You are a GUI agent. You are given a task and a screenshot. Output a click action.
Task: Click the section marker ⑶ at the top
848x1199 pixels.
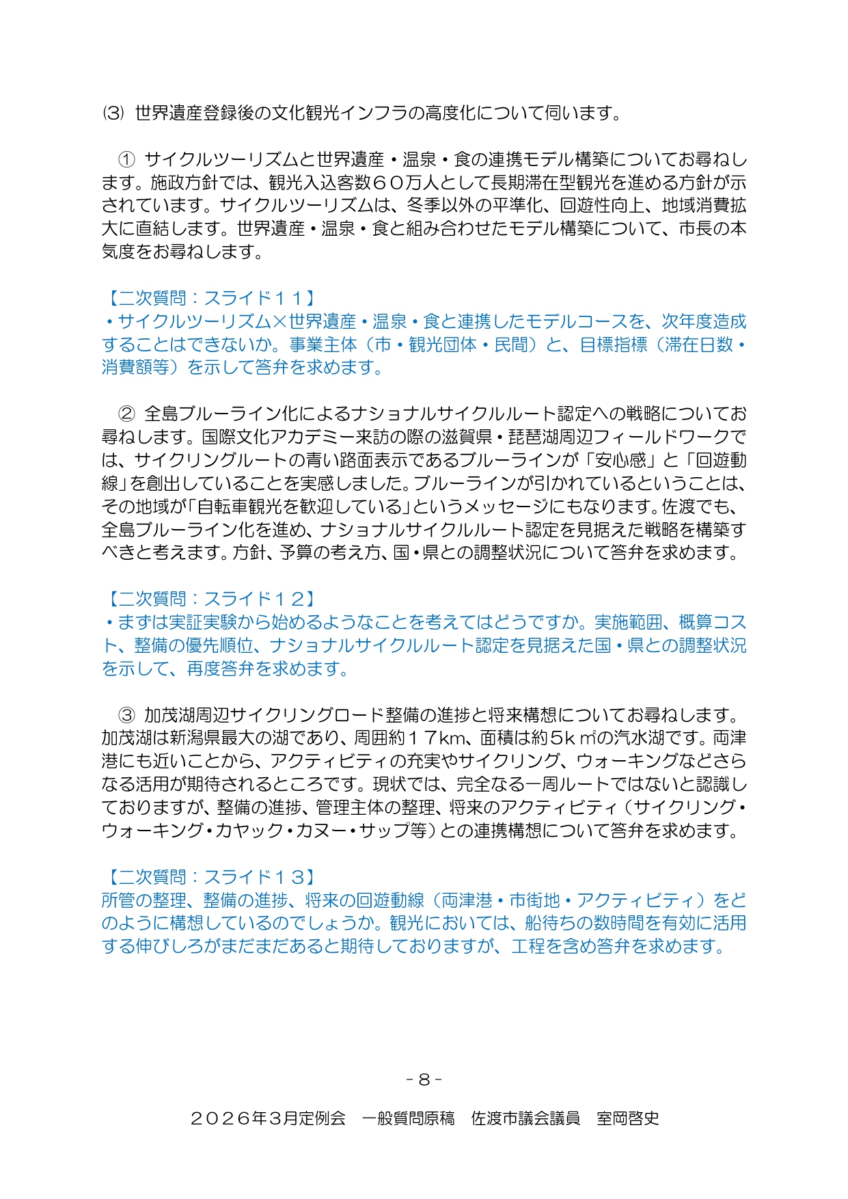pyautogui.click(x=113, y=113)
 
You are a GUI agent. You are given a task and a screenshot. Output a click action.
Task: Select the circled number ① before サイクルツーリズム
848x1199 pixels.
pyautogui.click(x=127, y=160)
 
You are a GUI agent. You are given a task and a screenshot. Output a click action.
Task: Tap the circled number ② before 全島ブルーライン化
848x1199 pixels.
pyautogui.click(x=127, y=414)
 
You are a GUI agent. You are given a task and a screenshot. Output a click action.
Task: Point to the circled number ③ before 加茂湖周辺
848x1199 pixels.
pyautogui.click(x=127, y=716)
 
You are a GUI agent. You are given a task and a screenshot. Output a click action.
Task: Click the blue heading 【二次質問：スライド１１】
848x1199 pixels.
pyautogui.click(x=210, y=299)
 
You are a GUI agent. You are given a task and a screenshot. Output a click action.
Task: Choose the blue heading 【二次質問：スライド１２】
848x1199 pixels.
pyautogui.click(x=210, y=599)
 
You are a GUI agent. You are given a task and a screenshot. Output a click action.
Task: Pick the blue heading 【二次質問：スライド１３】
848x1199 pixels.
pyautogui.click(x=210, y=878)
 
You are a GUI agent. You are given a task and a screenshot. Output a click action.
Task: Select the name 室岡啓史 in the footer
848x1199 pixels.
pyautogui.click(x=628, y=1119)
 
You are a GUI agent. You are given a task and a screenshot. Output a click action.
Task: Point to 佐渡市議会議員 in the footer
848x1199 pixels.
pyautogui.click(x=525, y=1119)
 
